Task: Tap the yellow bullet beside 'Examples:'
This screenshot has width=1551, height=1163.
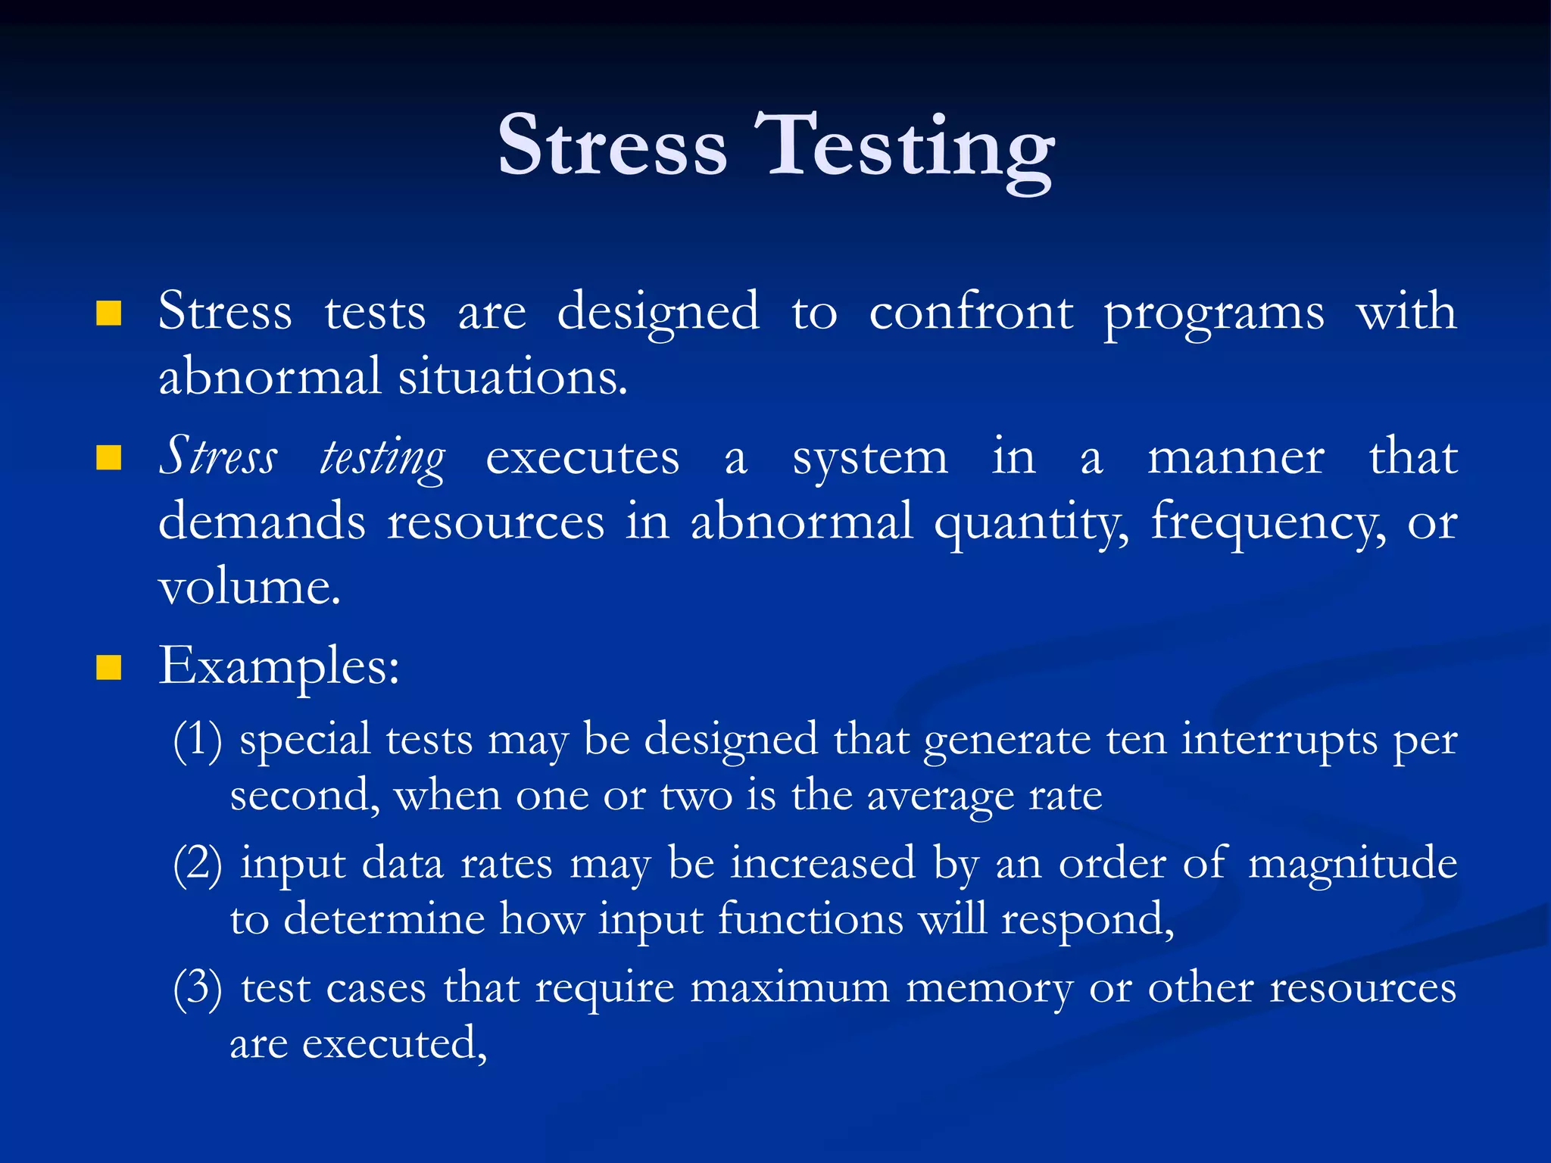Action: (109, 667)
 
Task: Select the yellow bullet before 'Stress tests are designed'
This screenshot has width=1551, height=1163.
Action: (109, 312)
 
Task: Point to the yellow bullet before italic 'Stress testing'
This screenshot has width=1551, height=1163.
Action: (109, 457)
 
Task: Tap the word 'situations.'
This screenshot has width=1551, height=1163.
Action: (513, 376)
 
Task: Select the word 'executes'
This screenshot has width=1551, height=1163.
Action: (582, 458)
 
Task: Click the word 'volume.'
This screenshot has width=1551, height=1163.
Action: (249, 587)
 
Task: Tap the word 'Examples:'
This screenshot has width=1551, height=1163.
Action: (279, 667)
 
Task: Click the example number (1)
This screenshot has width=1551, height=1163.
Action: (198, 739)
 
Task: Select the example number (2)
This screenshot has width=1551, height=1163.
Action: (198, 863)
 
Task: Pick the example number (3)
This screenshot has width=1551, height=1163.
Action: (198, 987)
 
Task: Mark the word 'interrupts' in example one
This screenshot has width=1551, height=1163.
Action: (1279, 741)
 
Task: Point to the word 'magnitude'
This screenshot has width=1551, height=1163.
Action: (1352, 863)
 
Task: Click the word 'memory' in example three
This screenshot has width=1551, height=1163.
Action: (989, 989)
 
